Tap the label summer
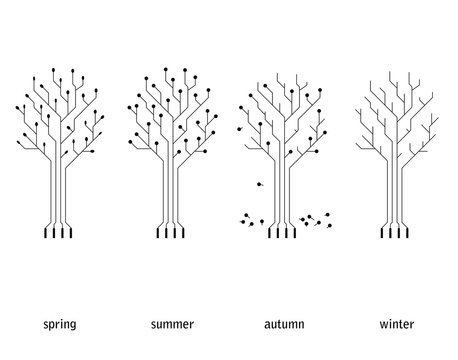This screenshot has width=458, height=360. click(x=172, y=325)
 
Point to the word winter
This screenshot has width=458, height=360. click(x=398, y=325)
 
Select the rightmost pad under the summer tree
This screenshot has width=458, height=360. click(x=184, y=234)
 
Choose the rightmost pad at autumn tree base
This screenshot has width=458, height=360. click(x=295, y=234)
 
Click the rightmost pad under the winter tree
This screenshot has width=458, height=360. click(x=407, y=234)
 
